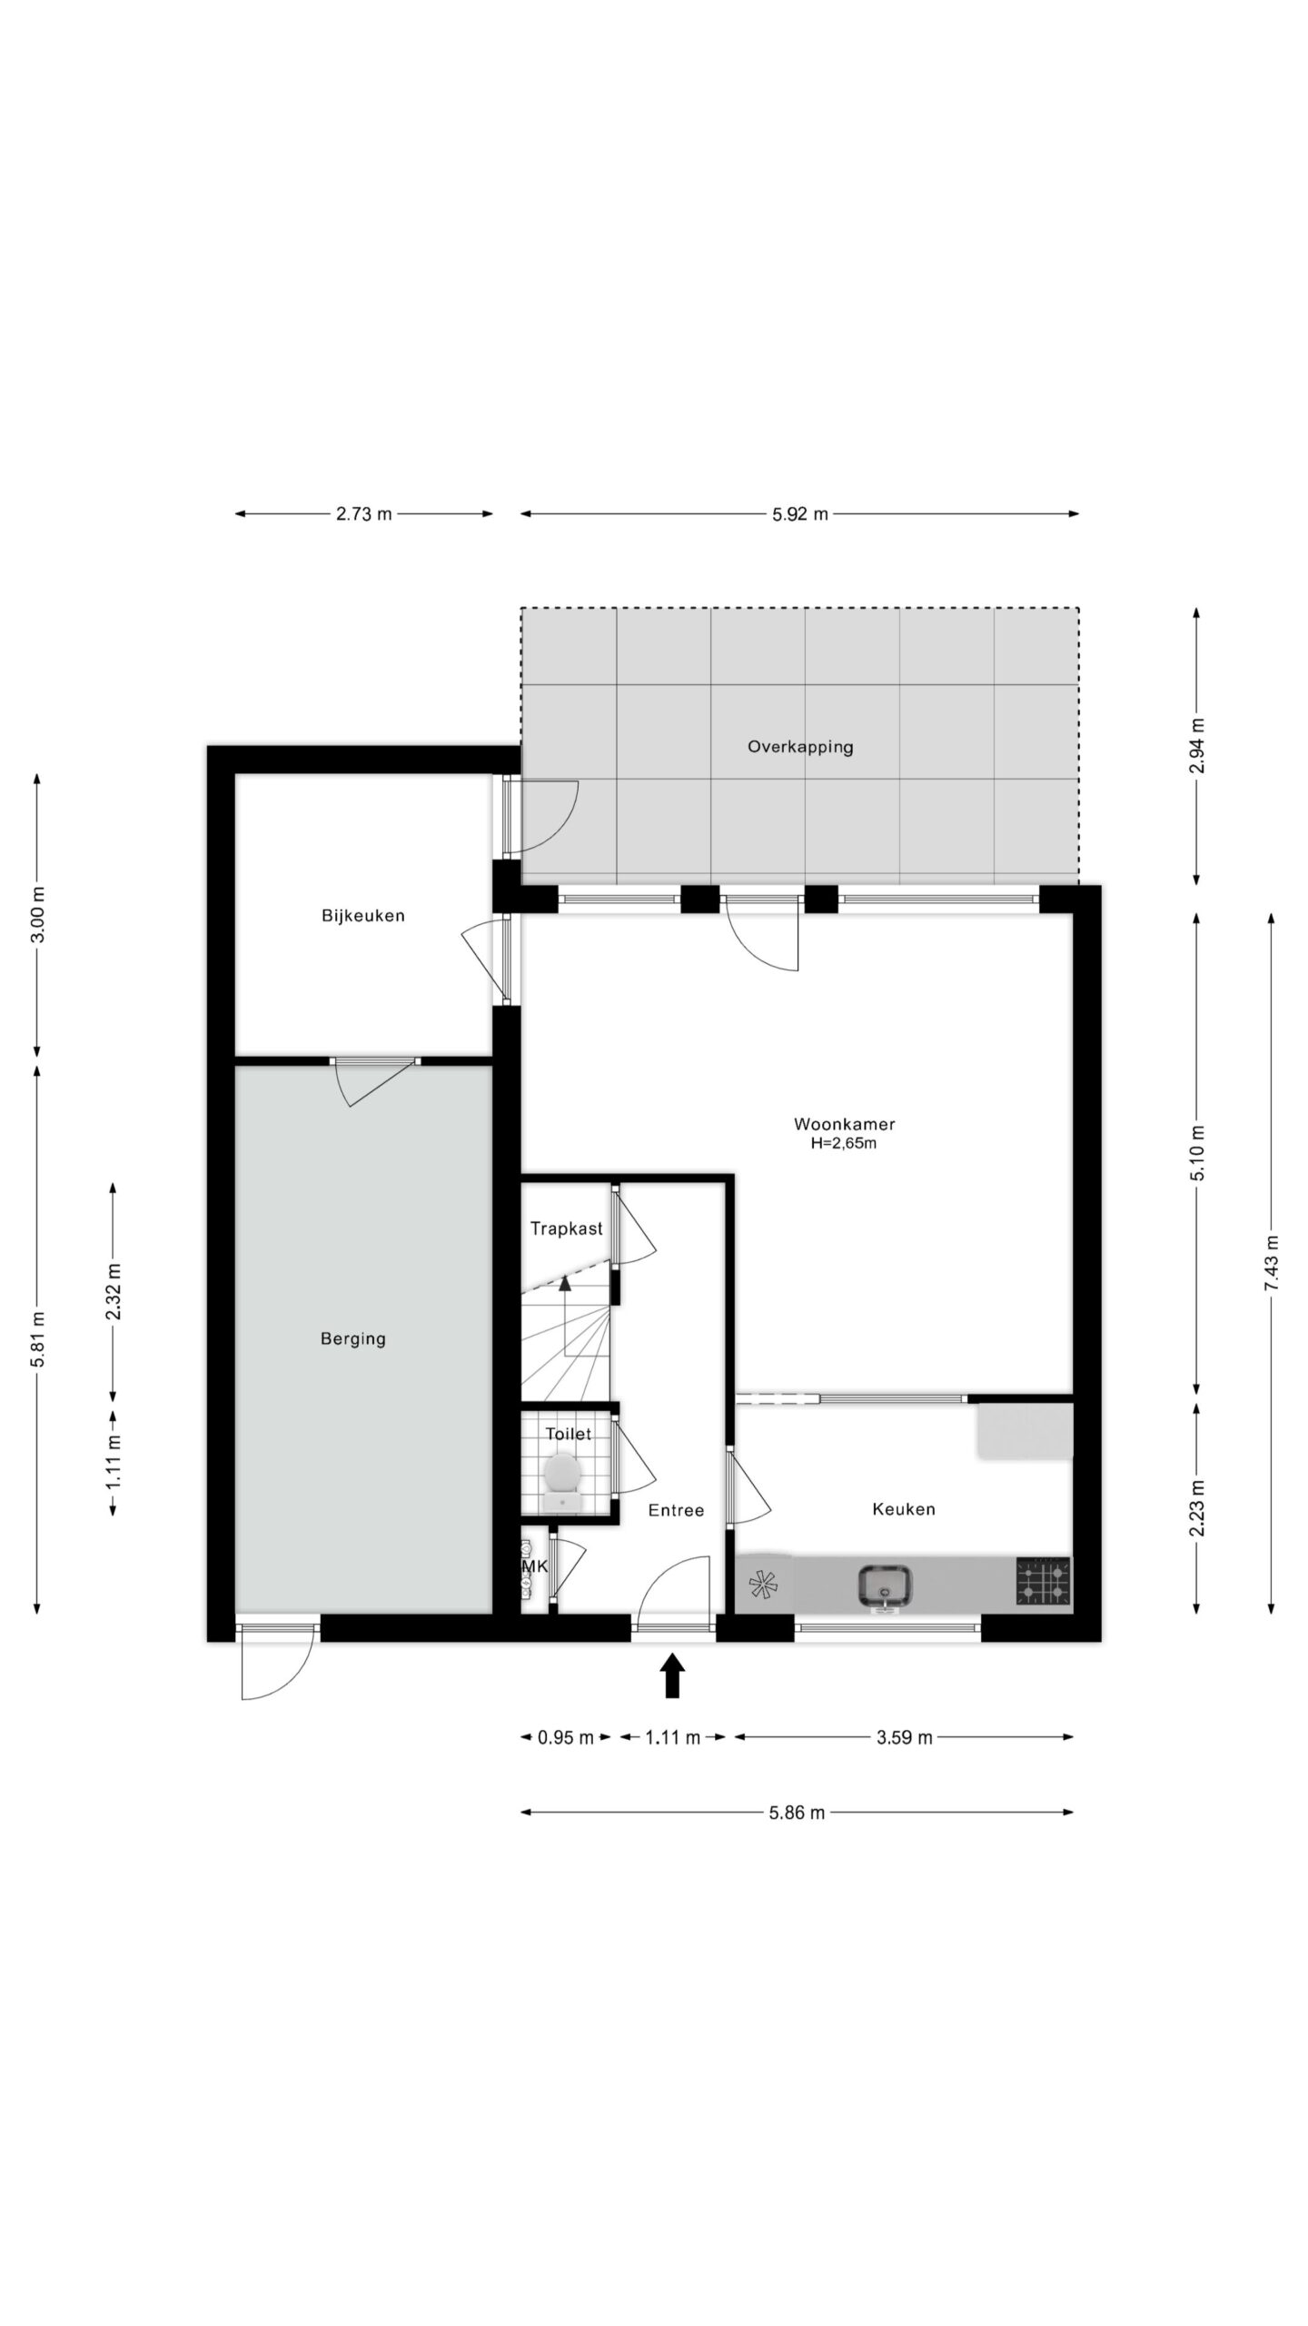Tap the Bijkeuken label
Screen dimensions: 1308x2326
[362, 915]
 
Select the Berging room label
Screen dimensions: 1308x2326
[352, 1338]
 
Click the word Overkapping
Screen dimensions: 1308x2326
[800, 747]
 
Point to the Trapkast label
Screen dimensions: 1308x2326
[566, 1228]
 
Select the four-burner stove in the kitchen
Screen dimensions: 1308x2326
[1044, 1582]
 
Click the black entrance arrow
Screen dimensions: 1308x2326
[671, 1675]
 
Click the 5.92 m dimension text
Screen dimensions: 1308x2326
[799, 514]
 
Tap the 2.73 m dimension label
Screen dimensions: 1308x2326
[363, 514]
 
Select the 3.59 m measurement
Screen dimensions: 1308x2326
[904, 1738]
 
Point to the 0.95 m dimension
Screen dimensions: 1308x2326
[565, 1738]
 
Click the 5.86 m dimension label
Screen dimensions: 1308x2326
[797, 1813]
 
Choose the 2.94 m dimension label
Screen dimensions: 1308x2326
[1196, 746]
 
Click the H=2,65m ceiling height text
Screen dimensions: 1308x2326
[844, 1144]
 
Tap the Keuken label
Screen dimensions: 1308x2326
[903, 1509]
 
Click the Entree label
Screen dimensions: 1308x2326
[676, 1510]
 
